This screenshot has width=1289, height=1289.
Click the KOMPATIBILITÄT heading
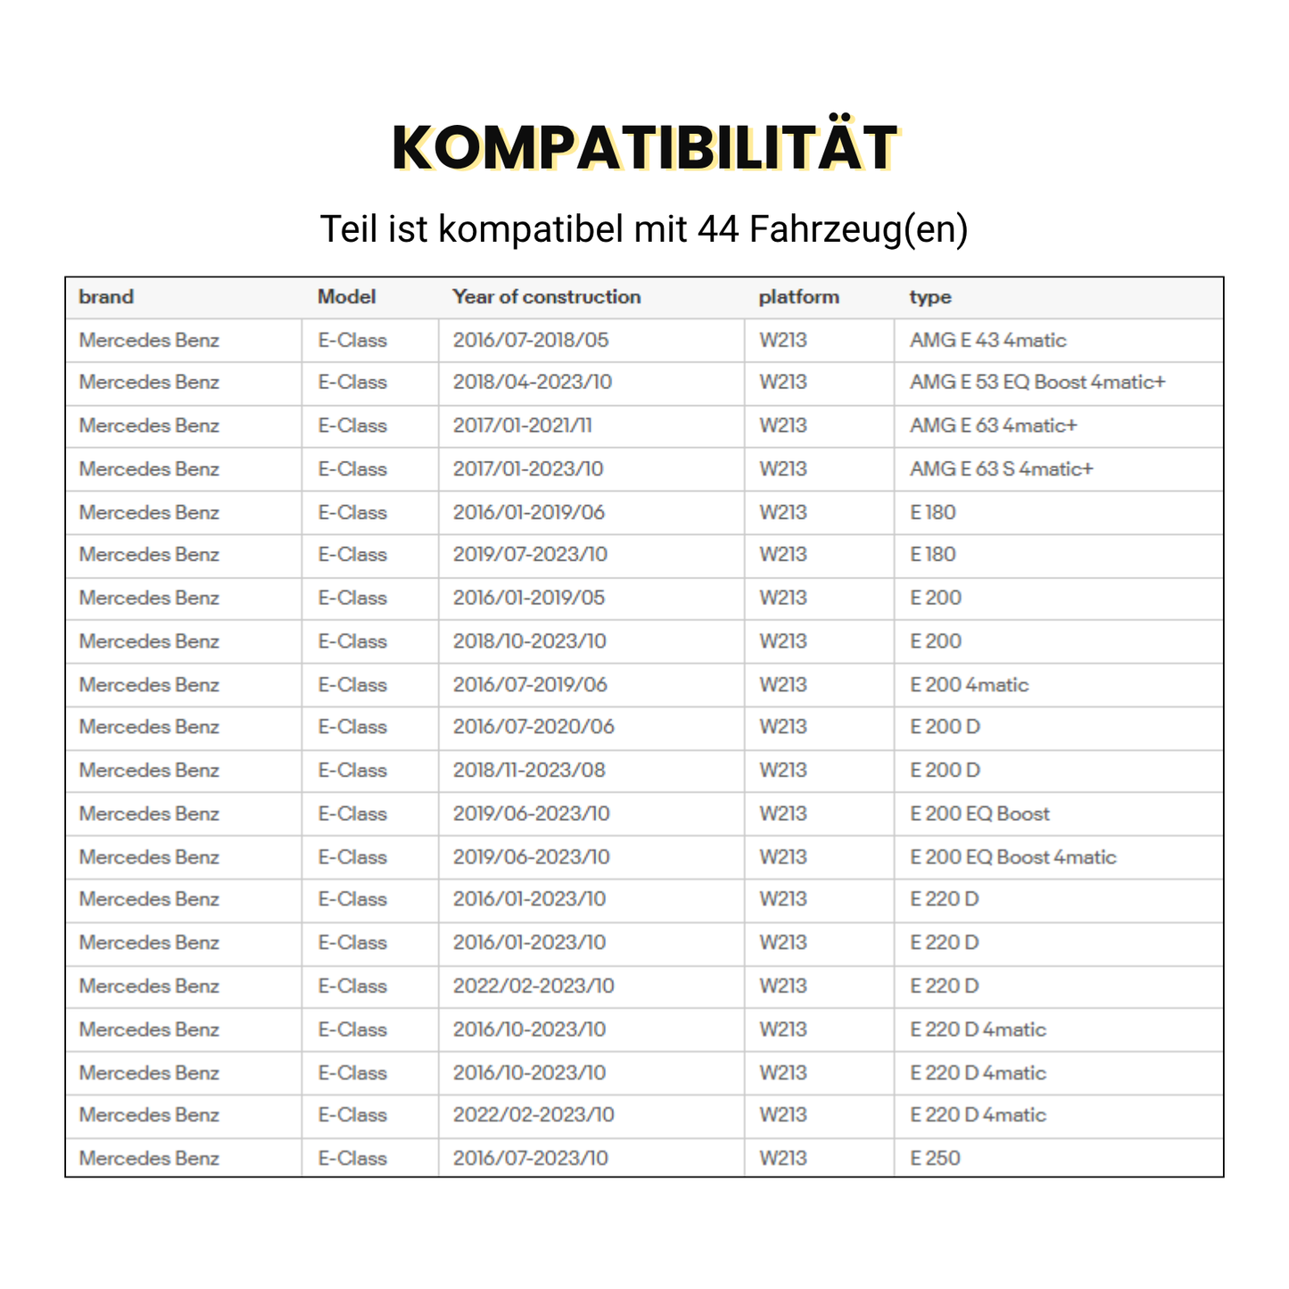coord(644,147)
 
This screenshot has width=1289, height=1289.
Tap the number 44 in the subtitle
coord(718,229)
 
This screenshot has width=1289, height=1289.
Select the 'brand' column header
coord(106,297)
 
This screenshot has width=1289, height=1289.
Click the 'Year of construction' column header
coord(546,297)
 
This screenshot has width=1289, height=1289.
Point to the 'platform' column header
coord(798,297)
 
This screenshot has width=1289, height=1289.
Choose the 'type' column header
coord(930,297)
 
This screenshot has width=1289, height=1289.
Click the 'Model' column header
coord(346,297)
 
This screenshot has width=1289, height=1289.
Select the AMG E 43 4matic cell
coord(987,340)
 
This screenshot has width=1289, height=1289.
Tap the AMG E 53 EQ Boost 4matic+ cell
coord(1037,382)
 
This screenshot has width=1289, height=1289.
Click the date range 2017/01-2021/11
coord(522,426)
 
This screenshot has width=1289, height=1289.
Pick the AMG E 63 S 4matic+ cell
coord(1001,468)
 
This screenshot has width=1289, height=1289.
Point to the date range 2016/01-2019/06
coord(528,512)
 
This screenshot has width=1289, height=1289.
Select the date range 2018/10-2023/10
coord(529,641)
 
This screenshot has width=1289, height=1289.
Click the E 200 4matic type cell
coord(969,685)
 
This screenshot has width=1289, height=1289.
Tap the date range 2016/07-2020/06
coord(533,727)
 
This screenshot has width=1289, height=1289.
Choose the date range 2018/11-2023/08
coord(528,770)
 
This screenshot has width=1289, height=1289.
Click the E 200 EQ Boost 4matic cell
coord(1012,857)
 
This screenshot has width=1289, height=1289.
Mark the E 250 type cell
coord(935,1158)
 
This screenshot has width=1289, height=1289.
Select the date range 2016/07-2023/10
coord(530,1158)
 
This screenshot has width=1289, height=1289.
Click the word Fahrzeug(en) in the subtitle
coord(858,229)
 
